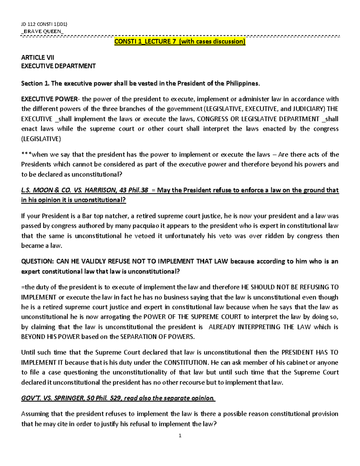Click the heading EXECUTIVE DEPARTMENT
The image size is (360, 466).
click(x=58, y=66)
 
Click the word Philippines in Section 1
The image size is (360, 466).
click(x=242, y=83)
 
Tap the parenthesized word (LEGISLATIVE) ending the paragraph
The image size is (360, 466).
click(x=41, y=139)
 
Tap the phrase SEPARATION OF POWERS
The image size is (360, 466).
click(x=157, y=337)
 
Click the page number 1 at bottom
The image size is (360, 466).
click(x=180, y=436)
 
